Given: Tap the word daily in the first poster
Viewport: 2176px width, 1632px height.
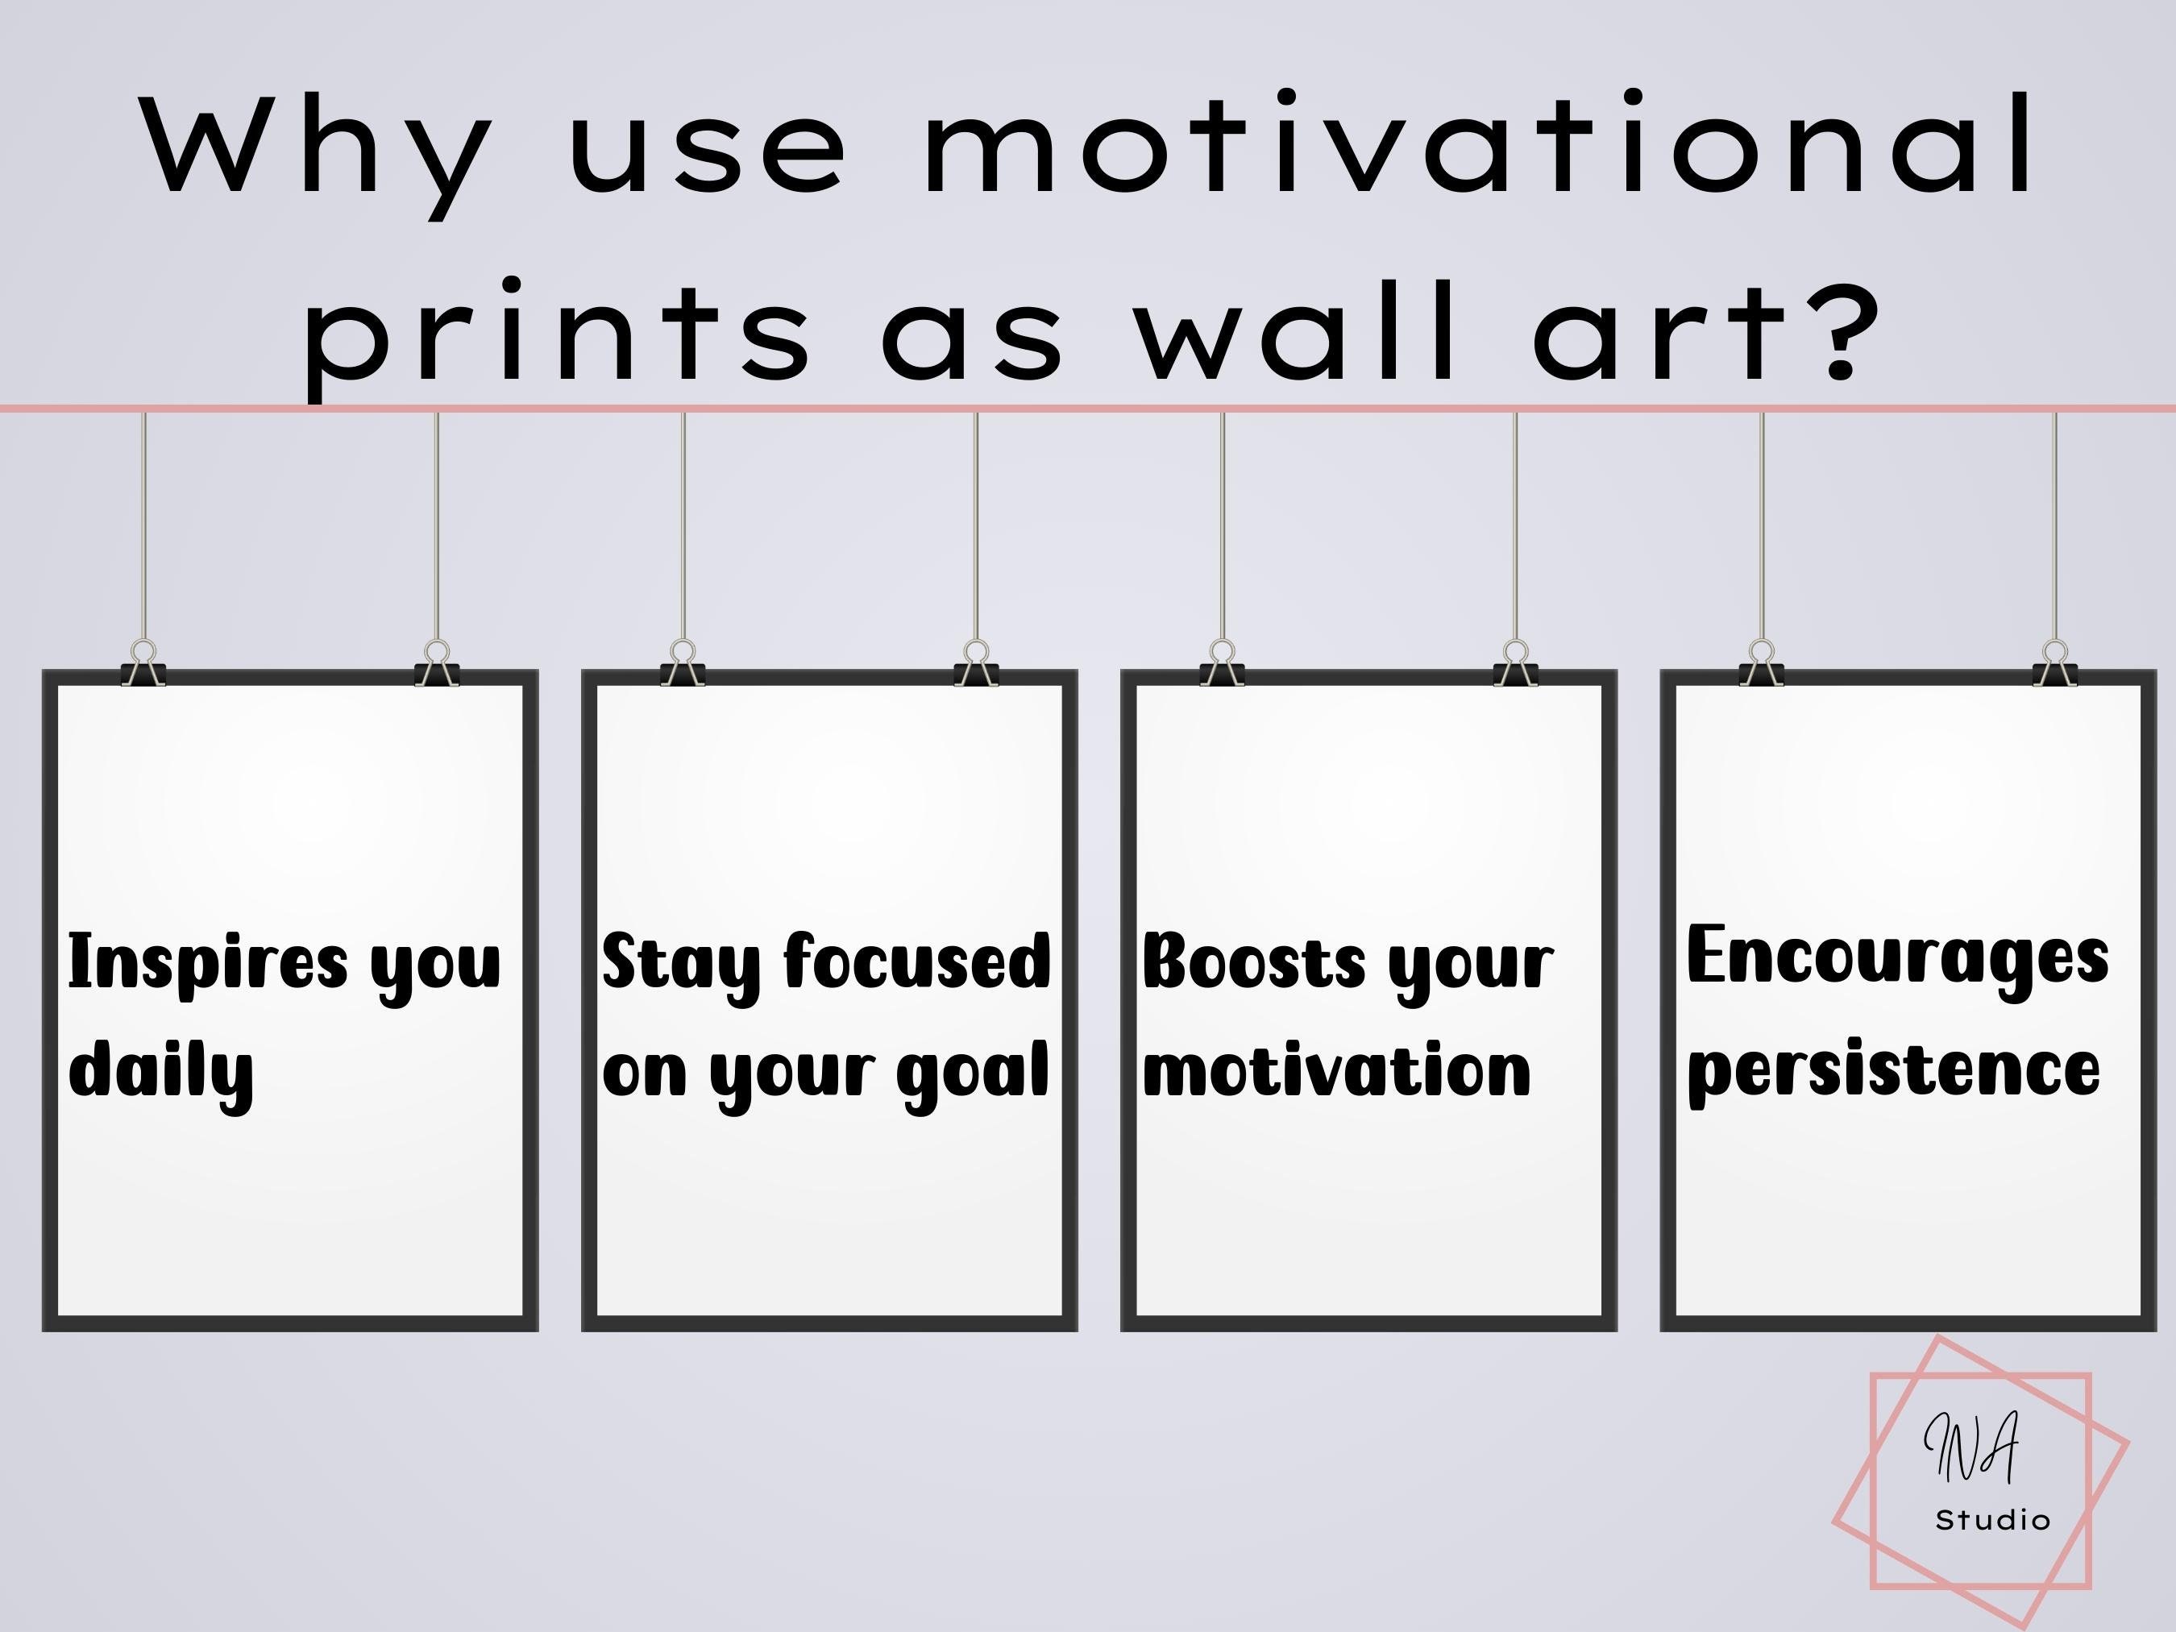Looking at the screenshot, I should coord(161,1070).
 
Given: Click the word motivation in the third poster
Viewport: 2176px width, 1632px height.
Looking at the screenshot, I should coord(1336,1070).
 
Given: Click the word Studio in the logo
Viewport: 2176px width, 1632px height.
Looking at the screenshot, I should coord(1993,1520).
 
